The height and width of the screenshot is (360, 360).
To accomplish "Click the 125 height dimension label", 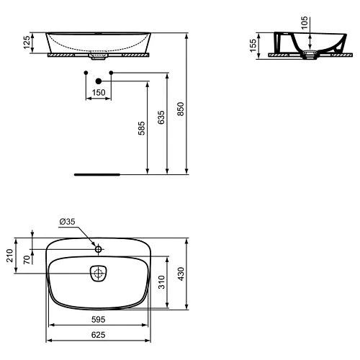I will pyautogui.click(x=27, y=42).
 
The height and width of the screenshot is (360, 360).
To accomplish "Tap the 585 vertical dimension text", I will pyautogui.click(x=142, y=128).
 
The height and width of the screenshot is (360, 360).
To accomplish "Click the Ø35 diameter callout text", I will pyautogui.click(x=66, y=222).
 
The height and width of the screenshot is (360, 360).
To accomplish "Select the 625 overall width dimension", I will pyautogui.click(x=98, y=336).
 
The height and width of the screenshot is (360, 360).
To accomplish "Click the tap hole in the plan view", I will pyautogui.click(x=99, y=248).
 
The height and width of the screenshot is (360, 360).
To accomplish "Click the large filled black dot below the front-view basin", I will pyautogui.click(x=98, y=81).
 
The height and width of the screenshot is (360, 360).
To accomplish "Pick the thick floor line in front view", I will pyautogui.click(x=98, y=174).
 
